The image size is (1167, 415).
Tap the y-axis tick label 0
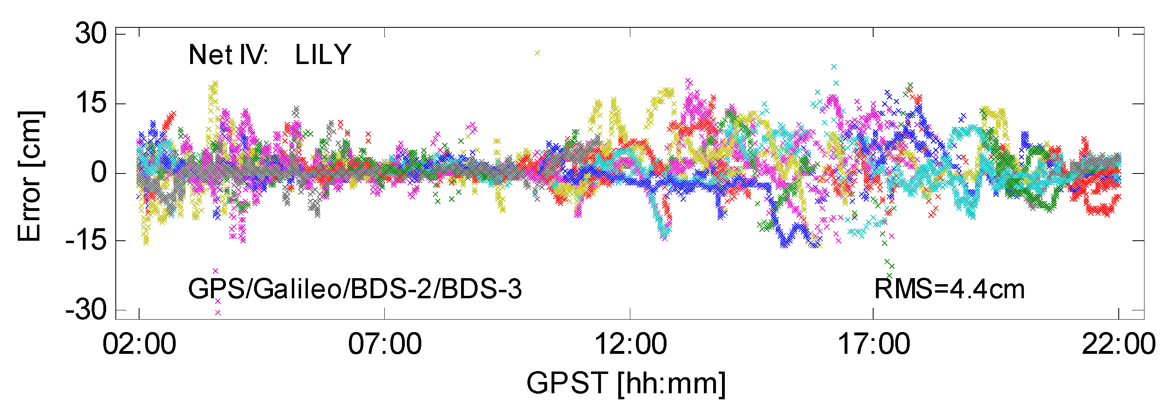click(99, 173)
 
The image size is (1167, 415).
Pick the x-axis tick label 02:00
click(139, 344)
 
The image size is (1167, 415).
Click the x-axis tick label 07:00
click(385, 344)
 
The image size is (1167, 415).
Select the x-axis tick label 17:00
click(874, 344)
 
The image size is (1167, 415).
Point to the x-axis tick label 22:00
click(1118, 344)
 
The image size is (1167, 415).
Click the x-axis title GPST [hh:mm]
click(626, 384)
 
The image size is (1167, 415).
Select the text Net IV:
click(228, 55)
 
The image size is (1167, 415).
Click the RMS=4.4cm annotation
click(949, 289)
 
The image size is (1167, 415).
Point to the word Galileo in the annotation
click(297, 289)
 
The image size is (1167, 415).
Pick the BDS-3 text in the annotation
click(481, 289)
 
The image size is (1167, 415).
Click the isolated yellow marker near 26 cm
click(537, 53)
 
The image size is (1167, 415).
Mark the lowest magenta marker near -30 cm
click(217, 312)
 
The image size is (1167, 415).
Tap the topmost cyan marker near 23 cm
click(834, 67)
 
